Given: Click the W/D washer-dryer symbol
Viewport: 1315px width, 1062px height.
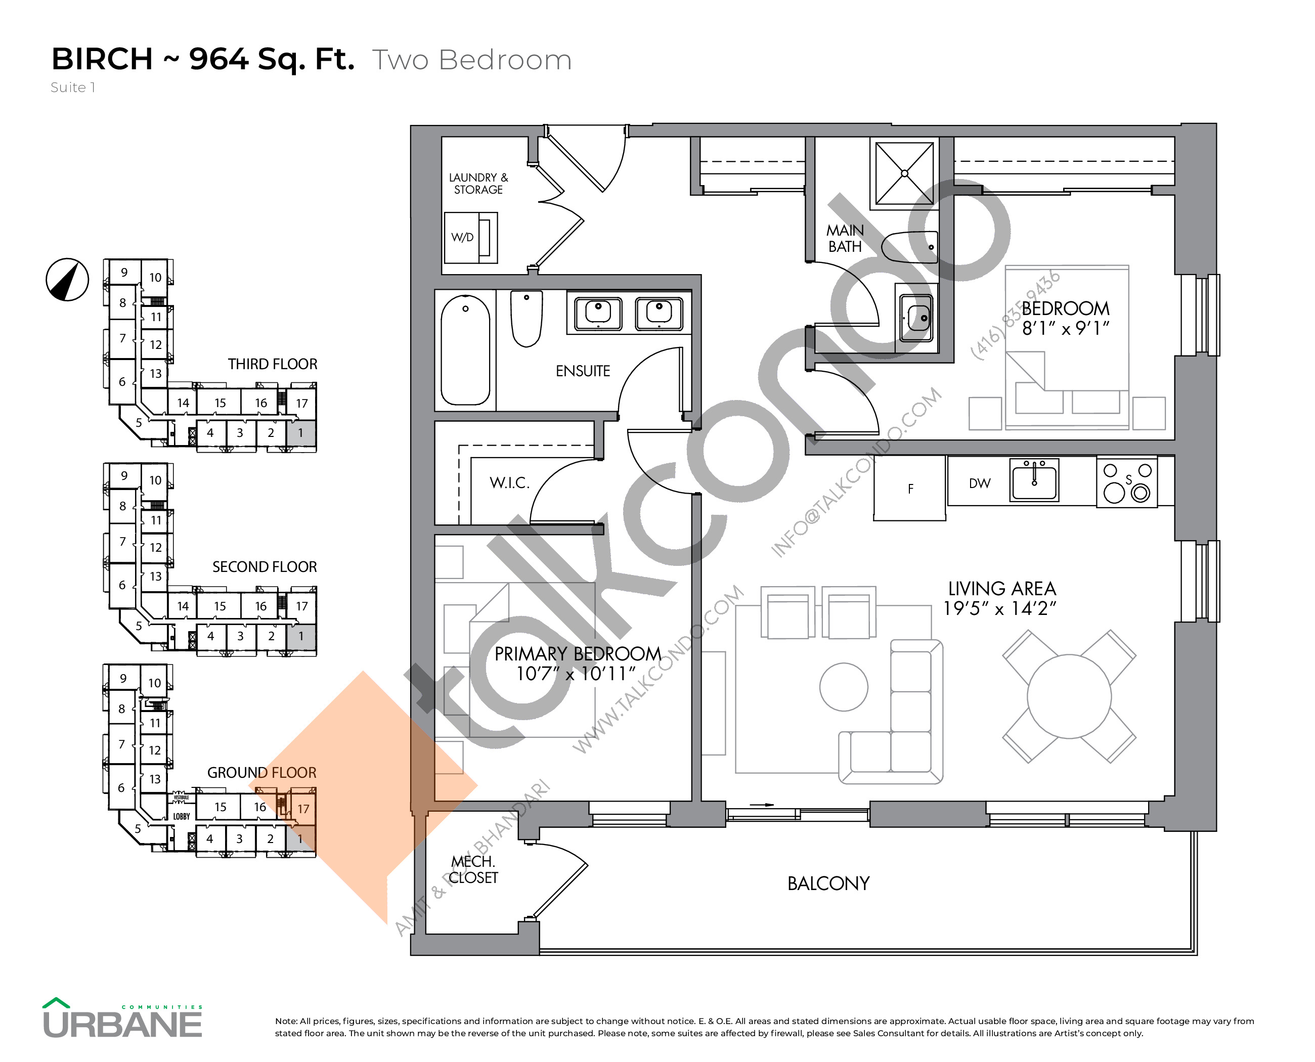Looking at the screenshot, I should (x=470, y=237).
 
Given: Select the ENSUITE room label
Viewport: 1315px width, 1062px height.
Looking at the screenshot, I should (x=583, y=371).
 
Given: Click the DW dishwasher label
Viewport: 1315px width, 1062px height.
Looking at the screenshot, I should (x=979, y=483).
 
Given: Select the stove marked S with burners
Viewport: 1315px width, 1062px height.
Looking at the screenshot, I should (x=1126, y=482).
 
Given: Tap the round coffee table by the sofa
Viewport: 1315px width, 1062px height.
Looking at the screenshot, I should (x=843, y=687).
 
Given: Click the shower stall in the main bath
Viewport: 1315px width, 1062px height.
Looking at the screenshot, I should (x=904, y=173).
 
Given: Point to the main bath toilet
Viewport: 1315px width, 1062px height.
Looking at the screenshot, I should (x=910, y=247).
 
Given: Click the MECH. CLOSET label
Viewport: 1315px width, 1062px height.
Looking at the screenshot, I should (x=473, y=869).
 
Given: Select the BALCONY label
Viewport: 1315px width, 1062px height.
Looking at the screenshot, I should (x=828, y=883).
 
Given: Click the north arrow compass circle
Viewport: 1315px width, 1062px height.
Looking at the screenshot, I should (x=67, y=280).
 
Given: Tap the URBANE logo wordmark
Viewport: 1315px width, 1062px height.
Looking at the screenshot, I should (x=122, y=1024).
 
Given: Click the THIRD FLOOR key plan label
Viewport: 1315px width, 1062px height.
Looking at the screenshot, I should (x=272, y=364).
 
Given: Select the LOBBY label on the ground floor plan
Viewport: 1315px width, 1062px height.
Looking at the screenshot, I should (x=181, y=816).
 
